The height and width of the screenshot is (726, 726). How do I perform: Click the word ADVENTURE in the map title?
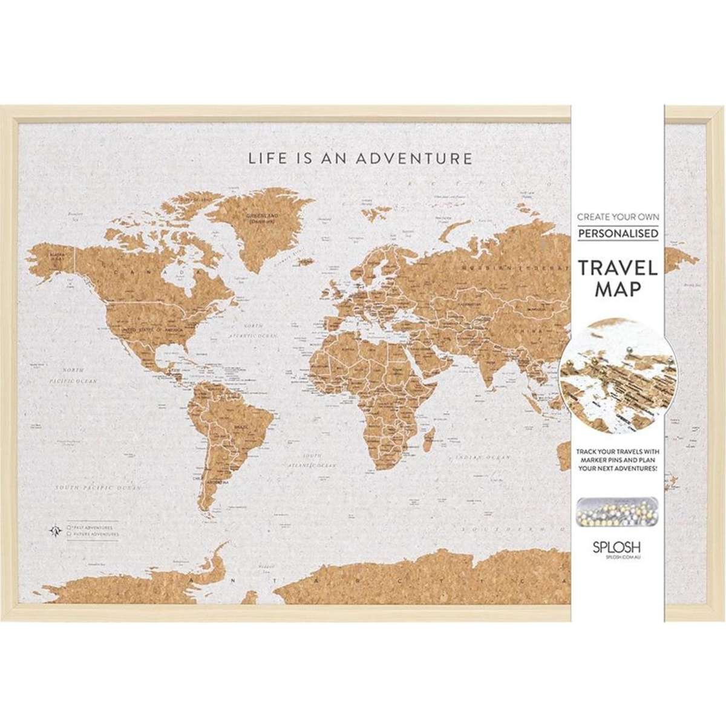point(413,159)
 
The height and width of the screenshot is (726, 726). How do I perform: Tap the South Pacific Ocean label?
point(97,487)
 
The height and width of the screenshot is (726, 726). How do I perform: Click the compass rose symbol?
point(55,530)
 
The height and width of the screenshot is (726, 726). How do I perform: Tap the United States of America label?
point(151,329)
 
